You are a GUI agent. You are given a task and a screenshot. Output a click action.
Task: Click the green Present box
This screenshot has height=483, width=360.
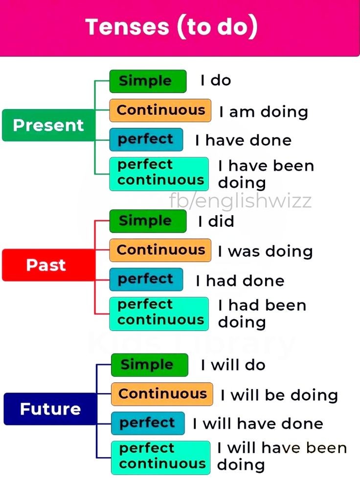click(x=48, y=125)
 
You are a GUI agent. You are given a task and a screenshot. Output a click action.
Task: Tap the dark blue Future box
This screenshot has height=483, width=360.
click(x=50, y=408)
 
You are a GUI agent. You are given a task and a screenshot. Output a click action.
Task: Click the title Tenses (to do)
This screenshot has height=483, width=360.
click(x=171, y=27)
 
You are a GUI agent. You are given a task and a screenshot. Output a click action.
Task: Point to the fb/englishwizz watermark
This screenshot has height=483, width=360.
click(x=240, y=200)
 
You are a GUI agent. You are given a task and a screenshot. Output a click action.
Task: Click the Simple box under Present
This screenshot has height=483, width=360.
click(x=148, y=81)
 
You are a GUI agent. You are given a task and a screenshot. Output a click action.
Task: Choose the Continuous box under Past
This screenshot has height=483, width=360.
click(x=160, y=250)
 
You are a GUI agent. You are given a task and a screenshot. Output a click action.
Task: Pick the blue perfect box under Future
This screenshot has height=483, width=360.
click(x=148, y=423)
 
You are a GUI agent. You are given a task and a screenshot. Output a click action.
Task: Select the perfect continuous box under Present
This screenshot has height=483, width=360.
click(x=159, y=173)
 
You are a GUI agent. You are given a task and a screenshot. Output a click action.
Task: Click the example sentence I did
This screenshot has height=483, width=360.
click(x=216, y=221)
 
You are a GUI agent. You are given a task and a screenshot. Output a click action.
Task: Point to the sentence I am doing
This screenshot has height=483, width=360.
click(x=263, y=112)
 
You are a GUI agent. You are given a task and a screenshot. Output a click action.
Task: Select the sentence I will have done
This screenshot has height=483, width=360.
click(x=258, y=423)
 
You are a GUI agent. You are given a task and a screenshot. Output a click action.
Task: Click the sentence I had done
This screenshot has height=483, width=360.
click(x=240, y=281)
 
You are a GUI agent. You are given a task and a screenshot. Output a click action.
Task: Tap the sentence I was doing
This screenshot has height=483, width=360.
click(x=265, y=251)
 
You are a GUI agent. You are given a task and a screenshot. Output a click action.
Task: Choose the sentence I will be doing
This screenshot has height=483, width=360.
click(x=279, y=395)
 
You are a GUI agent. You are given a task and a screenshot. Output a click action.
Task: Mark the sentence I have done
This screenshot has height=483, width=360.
click(x=243, y=141)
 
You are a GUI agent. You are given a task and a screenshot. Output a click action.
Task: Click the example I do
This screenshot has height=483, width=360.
click(x=216, y=81)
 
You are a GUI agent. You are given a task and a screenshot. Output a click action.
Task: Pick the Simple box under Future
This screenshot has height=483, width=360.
click(x=149, y=365)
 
